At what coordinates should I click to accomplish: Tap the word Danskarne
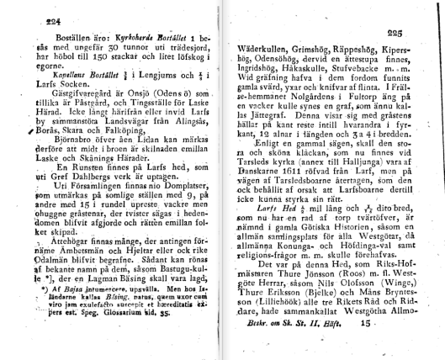272,193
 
